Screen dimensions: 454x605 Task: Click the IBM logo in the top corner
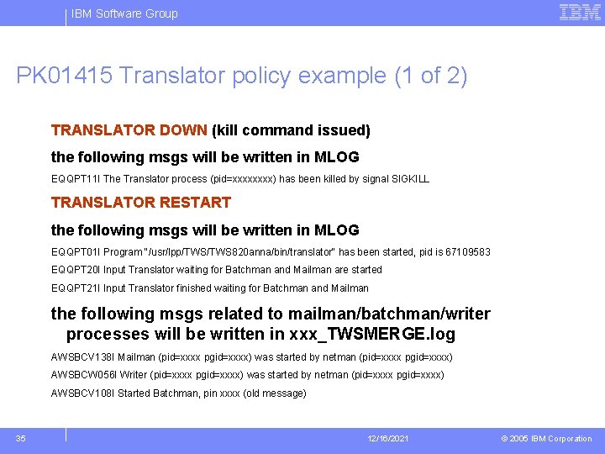click(580, 13)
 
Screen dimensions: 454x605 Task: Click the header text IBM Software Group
click(124, 13)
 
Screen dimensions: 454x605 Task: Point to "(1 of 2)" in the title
click(430, 77)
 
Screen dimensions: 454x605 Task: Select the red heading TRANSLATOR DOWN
click(129, 130)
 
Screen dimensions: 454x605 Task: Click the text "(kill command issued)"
click(291, 130)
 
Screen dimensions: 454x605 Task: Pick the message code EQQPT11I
click(75, 179)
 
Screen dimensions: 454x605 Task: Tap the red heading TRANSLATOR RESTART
click(140, 203)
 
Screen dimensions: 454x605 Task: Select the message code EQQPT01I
click(75, 252)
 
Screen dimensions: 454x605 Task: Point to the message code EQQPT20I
click(75, 270)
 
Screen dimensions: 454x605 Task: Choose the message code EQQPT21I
click(75, 288)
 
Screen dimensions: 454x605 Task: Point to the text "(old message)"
click(275, 393)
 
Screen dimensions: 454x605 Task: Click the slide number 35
click(21, 438)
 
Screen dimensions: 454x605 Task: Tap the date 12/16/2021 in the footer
click(387, 439)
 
